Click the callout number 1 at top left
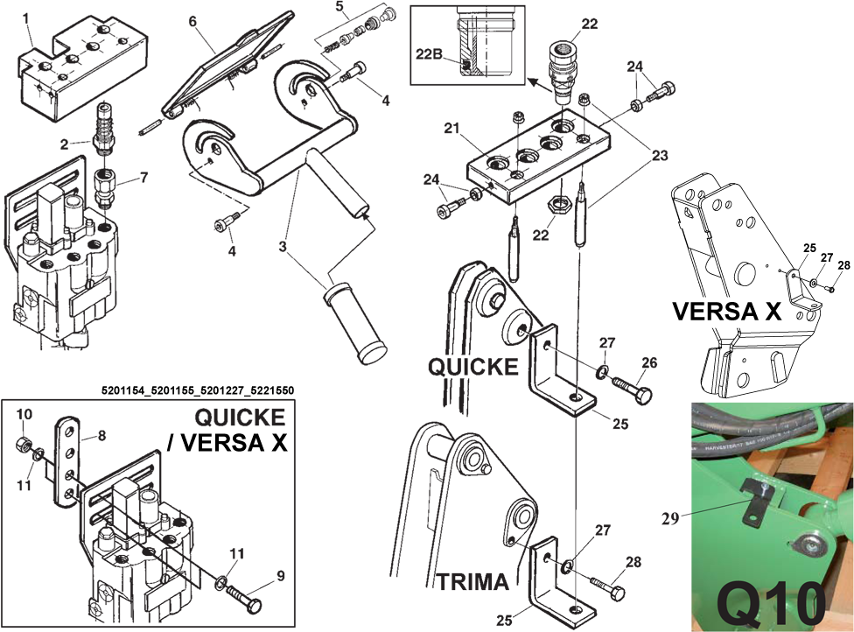pyautogui.click(x=26, y=18)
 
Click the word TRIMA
pyautogui.click(x=472, y=581)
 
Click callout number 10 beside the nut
pyautogui.click(x=25, y=412)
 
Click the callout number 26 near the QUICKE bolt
pyautogui.click(x=647, y=362)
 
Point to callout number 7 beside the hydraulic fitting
pyautogui.click(x=143, y=178)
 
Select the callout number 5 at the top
pyautogui.click(x=340, y=6)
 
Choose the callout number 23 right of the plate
pyautogui.click(x=659, y=156)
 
